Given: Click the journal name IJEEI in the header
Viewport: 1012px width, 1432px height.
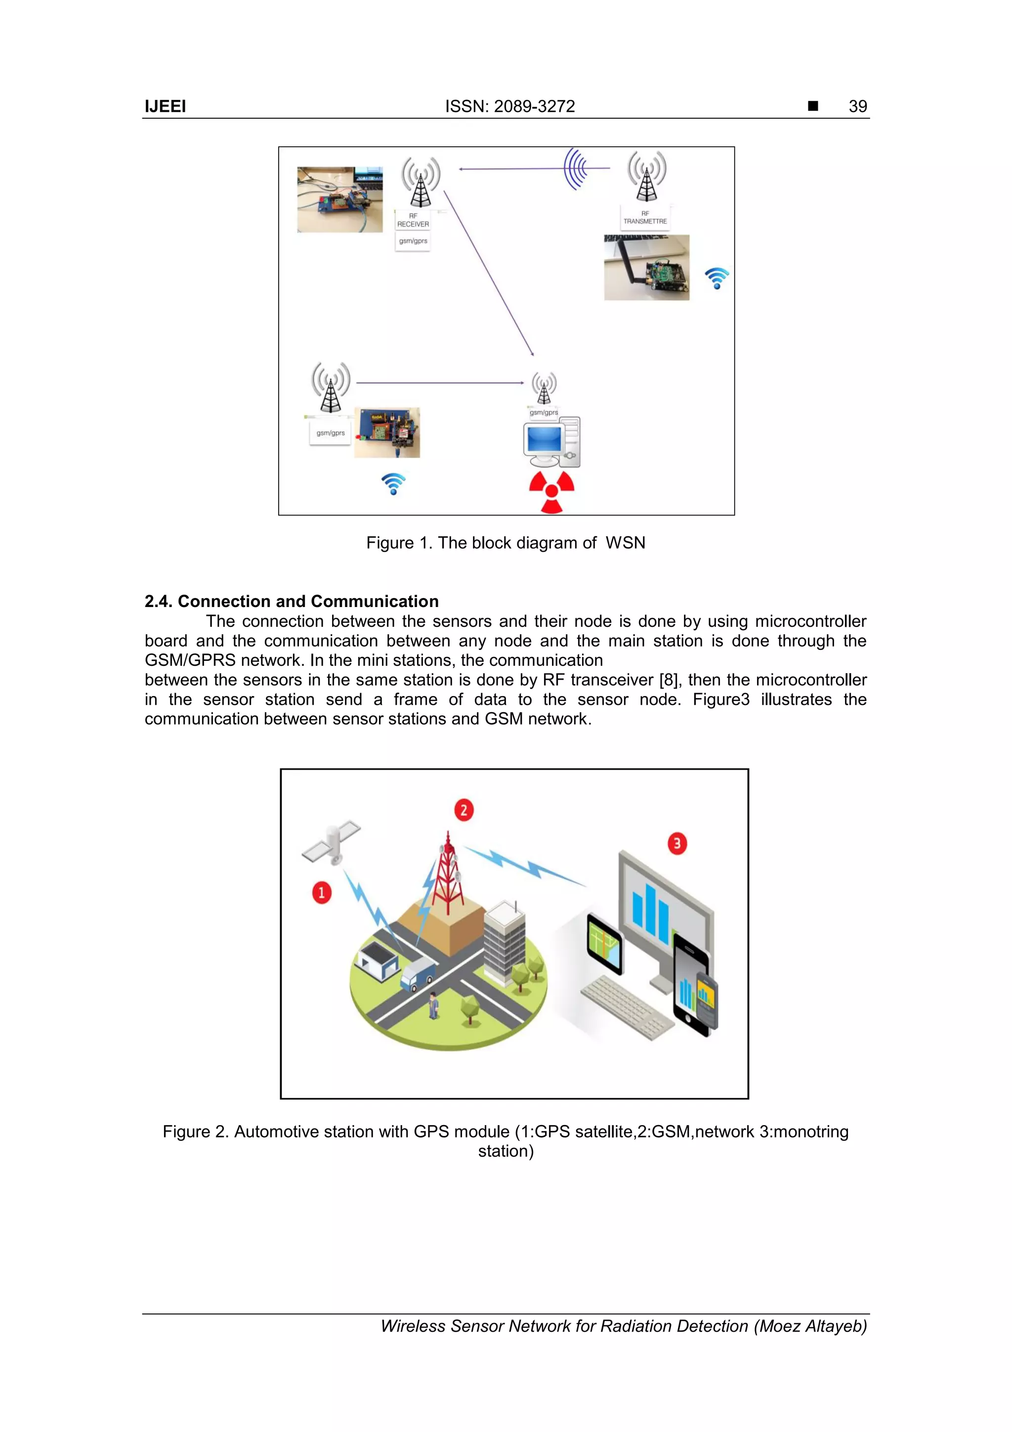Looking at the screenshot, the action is point(165,107).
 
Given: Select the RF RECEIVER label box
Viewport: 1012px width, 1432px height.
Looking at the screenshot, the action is point(413,220).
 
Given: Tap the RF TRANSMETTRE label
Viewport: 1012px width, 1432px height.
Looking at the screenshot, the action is point(645,217).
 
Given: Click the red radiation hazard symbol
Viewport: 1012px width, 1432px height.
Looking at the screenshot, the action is point(551,491).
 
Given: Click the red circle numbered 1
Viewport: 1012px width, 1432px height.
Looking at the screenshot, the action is point(322,893).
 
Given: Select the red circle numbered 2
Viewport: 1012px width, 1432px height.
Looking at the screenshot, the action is point(464,810).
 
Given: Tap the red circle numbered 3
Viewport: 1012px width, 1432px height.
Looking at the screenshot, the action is point(677,844).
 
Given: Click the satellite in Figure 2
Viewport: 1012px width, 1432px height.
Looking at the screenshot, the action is point(333,842).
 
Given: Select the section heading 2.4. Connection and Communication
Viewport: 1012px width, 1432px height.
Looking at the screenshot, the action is point(291,601).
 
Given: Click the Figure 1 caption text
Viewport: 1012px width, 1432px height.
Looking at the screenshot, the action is point(505,543).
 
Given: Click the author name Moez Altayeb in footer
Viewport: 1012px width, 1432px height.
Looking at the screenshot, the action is point(809,1326).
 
